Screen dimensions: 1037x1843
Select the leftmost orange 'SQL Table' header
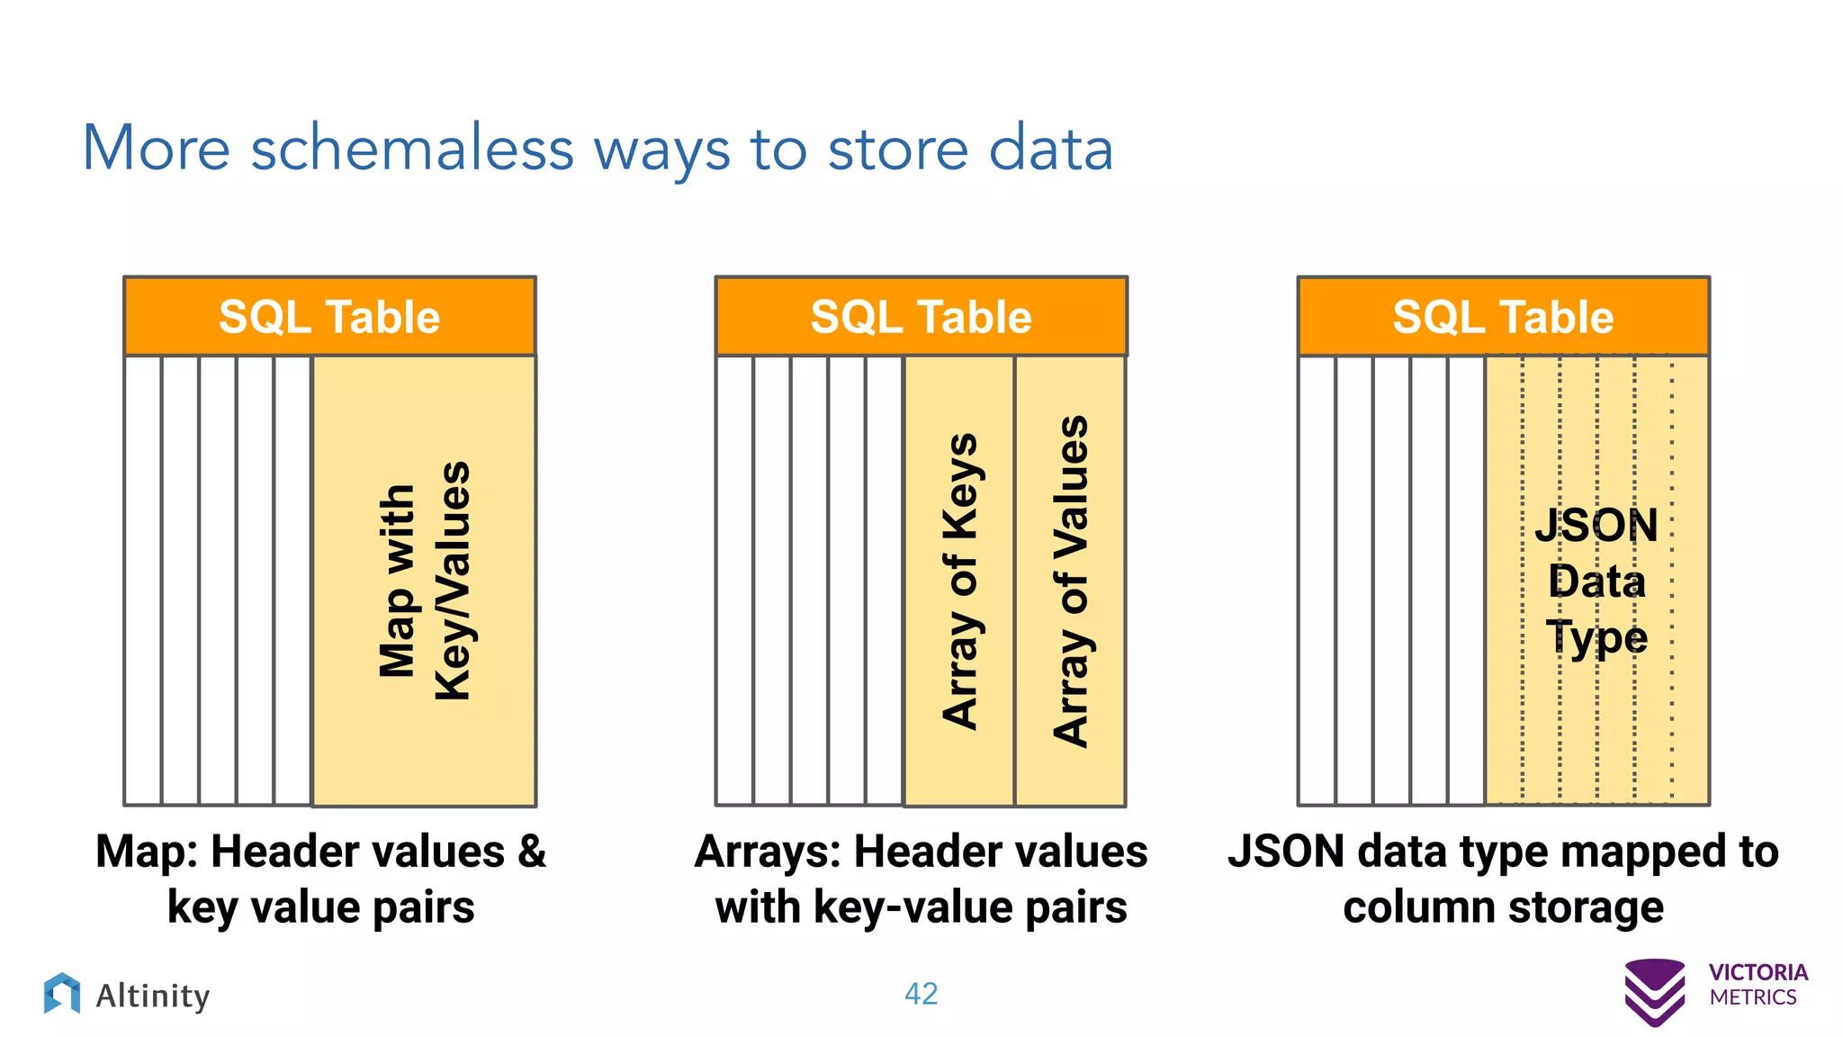tap(329, 317)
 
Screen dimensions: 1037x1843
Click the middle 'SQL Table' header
tap(921, 317)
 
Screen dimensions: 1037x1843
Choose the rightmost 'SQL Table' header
tap(1503, 317)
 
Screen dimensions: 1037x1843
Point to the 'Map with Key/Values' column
tap(424, 581)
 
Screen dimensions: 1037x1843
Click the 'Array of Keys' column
tap(959, 581)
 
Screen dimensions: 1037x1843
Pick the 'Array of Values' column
tap(1070, 581)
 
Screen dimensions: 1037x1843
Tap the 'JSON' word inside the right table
tap(1596, 526)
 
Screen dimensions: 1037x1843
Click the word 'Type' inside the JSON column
tap(1596, 637)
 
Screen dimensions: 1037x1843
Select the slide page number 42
tap(921, 994)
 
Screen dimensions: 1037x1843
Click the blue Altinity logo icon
tap(62, 994)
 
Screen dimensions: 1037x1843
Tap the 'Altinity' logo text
tap(153, 996)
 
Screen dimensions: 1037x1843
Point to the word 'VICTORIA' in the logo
tap(1758, 973)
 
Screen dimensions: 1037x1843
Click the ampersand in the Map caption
tap(532, 852)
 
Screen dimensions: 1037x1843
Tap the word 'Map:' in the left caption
tap(147, 852)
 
